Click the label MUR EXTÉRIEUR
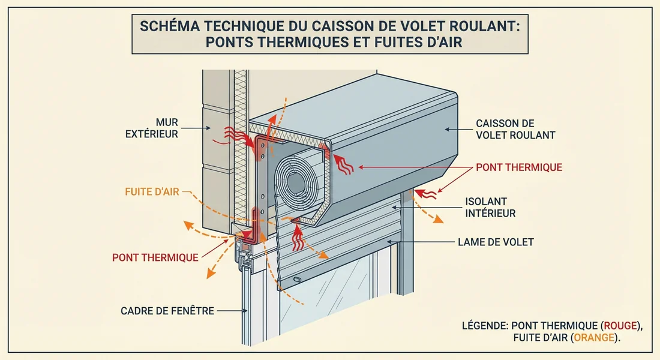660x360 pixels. click(154, 128)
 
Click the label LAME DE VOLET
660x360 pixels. click(495, 242)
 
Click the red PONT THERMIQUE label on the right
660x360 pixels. click(519, 167)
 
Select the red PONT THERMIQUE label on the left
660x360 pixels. click(155, 257)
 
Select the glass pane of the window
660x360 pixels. click(336, 294)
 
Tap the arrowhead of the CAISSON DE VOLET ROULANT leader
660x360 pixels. click(446, 128)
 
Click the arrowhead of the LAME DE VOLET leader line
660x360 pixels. click(389, 242)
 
